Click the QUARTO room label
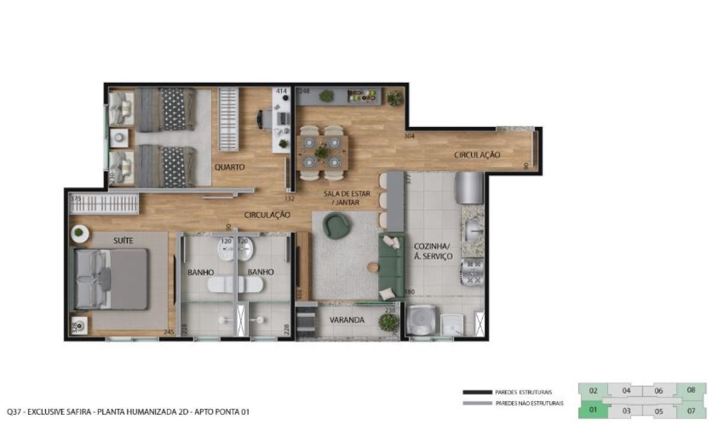230,168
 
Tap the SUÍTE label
123,241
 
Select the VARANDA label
347,320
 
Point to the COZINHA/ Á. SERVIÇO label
433,251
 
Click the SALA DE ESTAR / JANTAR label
347,198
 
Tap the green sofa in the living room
391,266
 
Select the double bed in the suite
112,279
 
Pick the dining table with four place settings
322,152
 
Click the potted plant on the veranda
389,323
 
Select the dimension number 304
409,136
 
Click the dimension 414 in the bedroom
281,92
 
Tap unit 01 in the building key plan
594,411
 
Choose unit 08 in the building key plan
691,390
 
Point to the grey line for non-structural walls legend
477,403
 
